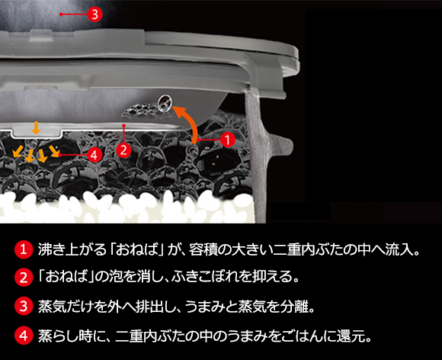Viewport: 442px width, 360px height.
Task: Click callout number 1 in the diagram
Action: click(x=228, y=140)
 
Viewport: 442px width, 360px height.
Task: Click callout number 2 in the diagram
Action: click(x=123, y=149)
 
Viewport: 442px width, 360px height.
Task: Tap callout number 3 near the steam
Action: click(x=94, y=14)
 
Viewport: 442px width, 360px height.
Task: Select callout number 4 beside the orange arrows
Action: click(x=94, y=155)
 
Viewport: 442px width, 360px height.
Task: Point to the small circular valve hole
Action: click(x=165, y=102)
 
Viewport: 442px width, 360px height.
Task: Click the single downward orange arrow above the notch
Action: click(x=36, y=127)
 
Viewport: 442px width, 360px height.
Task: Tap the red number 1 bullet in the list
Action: click(x=24, y=250)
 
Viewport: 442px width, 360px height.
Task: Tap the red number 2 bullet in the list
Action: click(x=24, y=278)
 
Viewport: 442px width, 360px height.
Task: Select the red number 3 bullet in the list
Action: click(x=24, y=306)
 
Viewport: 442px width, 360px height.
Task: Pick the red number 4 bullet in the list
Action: click(x=24, y=336)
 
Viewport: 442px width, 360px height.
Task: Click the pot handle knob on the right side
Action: click(x=280, y=146)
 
